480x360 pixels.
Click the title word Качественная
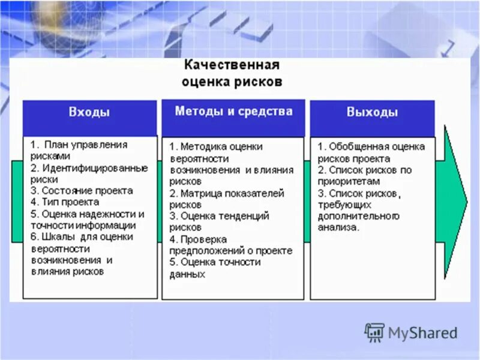(x=232, y=65)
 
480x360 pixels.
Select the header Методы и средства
(x=233, y=111)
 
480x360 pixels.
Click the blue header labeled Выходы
(x=372, y=112)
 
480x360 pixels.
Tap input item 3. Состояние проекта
(x=81, y=191)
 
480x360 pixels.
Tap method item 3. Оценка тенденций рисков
(x=219, y=221)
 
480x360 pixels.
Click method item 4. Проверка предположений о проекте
(x=230, y=244)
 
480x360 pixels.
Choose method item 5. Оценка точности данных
(x=216, y=268)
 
